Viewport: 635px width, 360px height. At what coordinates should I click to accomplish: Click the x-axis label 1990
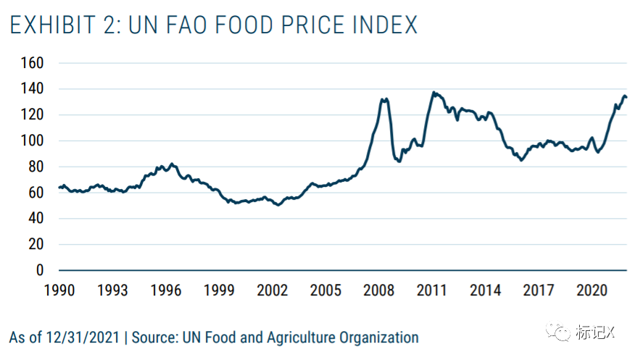coord(59,290)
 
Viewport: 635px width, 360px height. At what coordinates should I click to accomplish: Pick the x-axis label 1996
coord(166,290)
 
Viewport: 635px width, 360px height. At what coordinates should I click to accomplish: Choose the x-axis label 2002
coord(273,290)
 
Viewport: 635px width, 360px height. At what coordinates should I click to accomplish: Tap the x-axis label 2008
coord(379,290)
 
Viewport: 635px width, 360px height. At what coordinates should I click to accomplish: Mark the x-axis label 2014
coord(486,290)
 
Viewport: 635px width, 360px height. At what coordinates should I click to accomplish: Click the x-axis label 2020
coord(592,290)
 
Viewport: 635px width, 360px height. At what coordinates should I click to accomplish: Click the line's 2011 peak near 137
coord(433,92)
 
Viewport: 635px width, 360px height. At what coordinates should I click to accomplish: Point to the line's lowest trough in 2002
coord(278,205)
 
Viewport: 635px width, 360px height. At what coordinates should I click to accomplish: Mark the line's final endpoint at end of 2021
coord(626,97)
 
